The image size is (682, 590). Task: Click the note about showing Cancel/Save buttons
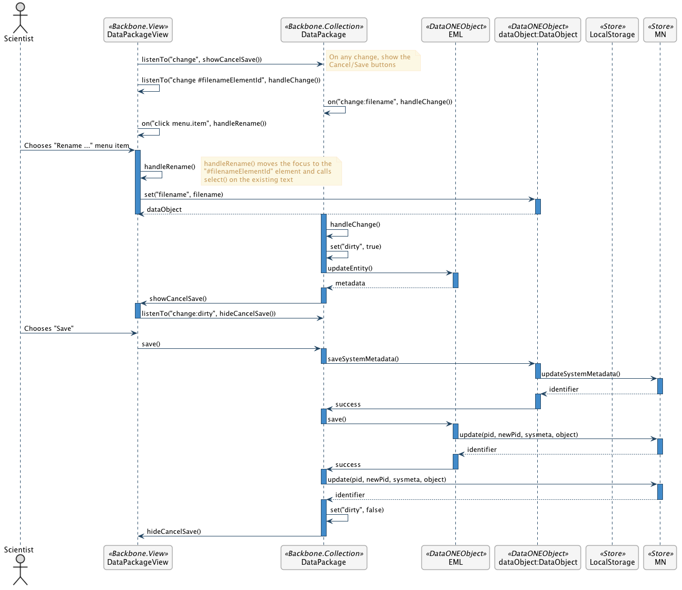373,61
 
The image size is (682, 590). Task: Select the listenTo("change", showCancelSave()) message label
201,60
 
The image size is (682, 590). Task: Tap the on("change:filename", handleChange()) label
390,102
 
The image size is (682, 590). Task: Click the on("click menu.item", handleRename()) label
204,124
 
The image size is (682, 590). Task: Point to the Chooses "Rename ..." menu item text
77,146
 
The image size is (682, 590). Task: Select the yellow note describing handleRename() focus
271,172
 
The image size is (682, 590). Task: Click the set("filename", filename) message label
183,195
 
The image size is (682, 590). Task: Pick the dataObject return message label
164,210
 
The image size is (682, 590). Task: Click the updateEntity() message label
350,268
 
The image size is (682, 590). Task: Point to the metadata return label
350,283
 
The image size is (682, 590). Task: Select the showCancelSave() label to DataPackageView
178,299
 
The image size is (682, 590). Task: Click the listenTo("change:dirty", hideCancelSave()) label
209,314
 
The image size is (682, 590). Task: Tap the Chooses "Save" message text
49,329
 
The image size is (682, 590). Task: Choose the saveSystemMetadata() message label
363,359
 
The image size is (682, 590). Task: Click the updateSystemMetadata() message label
581,374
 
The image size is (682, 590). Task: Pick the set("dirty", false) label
356,510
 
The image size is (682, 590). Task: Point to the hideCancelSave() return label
174,532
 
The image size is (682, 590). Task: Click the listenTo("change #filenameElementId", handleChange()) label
231,80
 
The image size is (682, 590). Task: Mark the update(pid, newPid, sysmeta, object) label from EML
519,435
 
